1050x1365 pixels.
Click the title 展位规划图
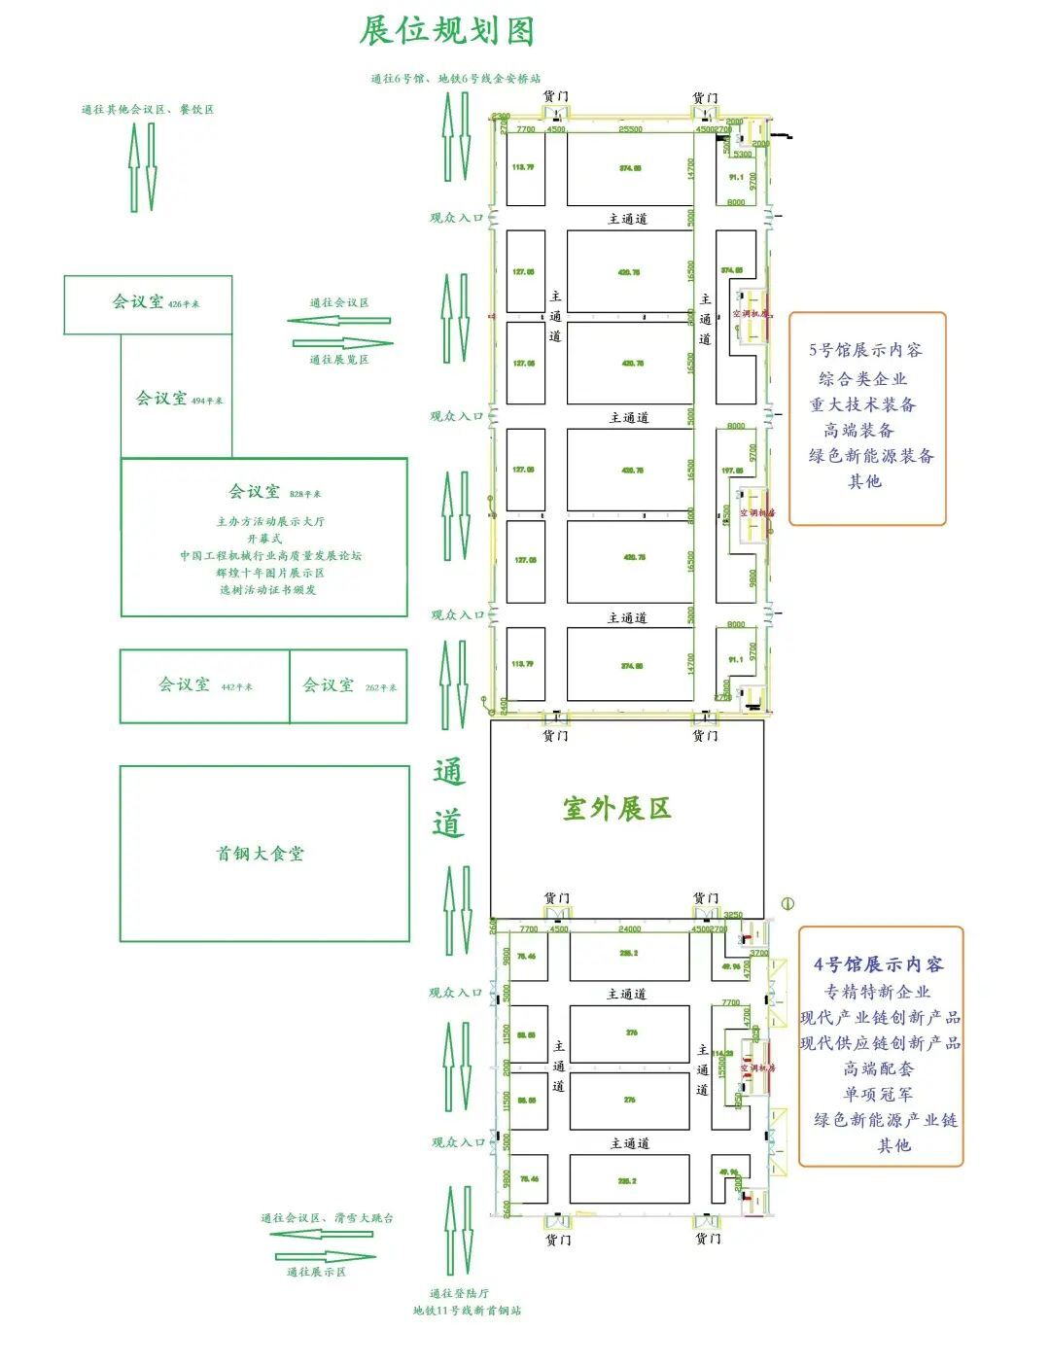[x=447, y=31]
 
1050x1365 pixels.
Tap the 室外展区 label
[x=616, y=809]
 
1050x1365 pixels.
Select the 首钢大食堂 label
[x=260, y=854]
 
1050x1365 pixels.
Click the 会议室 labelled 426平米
[x=138, y=302]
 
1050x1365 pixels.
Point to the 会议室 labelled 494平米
[x=161, y=399]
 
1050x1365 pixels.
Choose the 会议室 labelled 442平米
[x=185, y=684]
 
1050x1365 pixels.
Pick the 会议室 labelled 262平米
[x=329, y=685]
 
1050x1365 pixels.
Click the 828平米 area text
[x=304, y=494]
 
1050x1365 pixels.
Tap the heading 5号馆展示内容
[x=865, y=350]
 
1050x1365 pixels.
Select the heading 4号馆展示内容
[x=879, y=964]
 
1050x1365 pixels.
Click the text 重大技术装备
[x=862, y=404]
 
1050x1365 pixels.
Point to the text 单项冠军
[x=878, y=1094]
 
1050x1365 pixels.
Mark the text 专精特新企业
[x=878, y=992]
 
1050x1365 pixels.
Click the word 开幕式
[x=264, y=539]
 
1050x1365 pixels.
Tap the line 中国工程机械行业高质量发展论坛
[x=270, y=556]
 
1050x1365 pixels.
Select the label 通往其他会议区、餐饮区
[x=148, y=110]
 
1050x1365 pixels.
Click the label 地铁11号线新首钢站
[x=467, y=1311]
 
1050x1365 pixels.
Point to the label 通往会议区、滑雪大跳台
[x=327, y=1218]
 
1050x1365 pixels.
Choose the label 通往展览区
[x=339, y=360]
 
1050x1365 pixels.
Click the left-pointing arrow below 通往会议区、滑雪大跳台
[x=321, y=1235]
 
